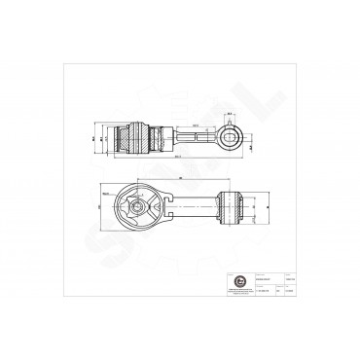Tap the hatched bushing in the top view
tap(133, 136)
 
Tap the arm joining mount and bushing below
tap(190, 206)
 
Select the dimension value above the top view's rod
tap(197, 126)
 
